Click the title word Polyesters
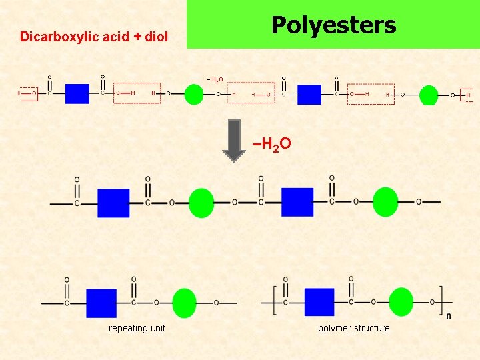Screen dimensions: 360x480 [x=333, y=25]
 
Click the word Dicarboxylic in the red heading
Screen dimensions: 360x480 [x=51, y=37]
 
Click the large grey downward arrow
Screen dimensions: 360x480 [x=233, y=140]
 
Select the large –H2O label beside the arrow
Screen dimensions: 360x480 [x=271, y=143]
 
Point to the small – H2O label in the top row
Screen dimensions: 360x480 [x=215, y=80]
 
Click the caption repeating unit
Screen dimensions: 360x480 [x=137, y=328]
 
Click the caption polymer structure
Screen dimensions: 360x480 [x=353, y=328]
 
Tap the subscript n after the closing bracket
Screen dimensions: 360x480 [x=448, y=315]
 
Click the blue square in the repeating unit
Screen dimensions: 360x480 [x=101, y=303]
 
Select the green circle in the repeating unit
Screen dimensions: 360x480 [x=184, y=303]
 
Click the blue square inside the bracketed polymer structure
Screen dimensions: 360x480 [x=319, y=302]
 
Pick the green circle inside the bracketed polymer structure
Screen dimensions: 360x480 [x=401, y=302]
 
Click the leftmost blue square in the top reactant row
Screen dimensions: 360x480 [x=77, y=93]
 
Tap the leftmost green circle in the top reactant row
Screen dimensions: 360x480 [x=193, y=94]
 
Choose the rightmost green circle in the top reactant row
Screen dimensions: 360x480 [x=429, y=95]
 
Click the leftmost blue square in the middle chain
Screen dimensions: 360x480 [x=113, y=203]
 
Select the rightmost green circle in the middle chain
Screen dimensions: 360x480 [x=385, y=202]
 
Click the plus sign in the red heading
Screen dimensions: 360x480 [x=135, y=37]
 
